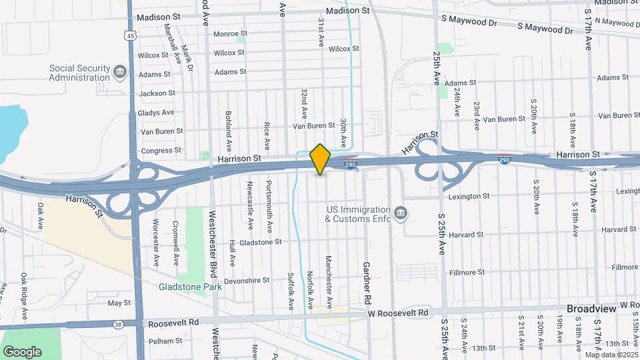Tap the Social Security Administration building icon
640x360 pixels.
pos(120,71)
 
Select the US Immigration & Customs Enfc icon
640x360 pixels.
pos(400,213)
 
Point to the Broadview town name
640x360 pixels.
pos(590,309)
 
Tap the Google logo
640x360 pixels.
pos(22,351)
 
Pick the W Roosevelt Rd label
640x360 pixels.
pos(397,312)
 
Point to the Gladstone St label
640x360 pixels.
pos(261,242)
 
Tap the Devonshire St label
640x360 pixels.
pos(246,281)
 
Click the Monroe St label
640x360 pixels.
pos(230,33)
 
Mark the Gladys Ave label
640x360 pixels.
pos(156,113)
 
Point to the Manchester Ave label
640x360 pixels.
pos(328,275)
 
